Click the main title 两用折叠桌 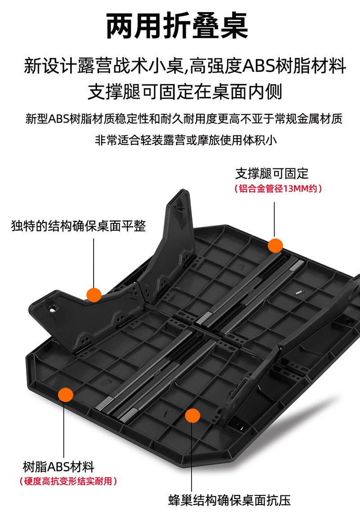(177, 26)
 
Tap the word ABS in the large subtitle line (258, 66)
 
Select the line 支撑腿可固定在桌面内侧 (185, 91)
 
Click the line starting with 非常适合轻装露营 (186, 140)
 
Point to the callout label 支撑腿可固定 (272, 173)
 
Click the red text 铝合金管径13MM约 (278, 188)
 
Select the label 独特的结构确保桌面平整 (78, 226)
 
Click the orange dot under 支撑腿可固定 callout (275, 245)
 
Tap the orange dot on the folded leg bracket (94, 295)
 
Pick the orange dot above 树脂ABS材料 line (66, 395)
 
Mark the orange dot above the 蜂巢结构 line (192, 416)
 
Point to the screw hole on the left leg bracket (51, 309)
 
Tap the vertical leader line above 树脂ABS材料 (64, 431)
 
